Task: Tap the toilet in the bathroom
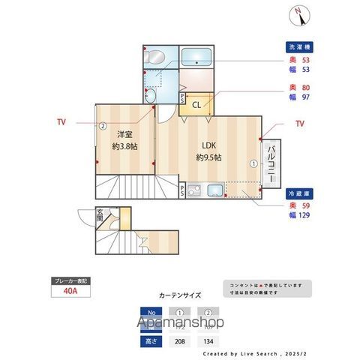157,57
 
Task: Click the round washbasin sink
150,96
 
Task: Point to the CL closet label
196,105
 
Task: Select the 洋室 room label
124,135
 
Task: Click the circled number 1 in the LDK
253,163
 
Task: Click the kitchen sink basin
214,190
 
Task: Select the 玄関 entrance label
100,213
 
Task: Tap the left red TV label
61,121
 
